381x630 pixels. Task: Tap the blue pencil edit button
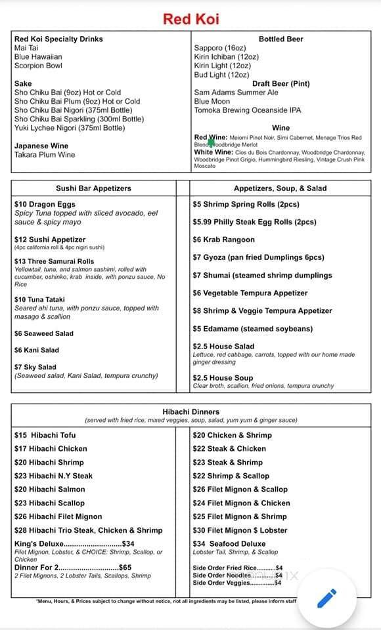click(x=326, y=598)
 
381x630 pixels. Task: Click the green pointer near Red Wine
click(x=212, y=141)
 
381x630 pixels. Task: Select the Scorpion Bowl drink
click(x=38, y=66)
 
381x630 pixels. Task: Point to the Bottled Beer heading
click(x=280, y=39)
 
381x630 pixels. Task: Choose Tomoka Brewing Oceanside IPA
click(x=247, y=110)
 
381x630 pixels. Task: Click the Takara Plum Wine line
click(x=45, y=155)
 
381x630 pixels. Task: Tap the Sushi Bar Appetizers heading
click(x=93, y=188)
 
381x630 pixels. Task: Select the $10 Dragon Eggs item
click(x=45, y=205)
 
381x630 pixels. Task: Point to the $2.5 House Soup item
click(x=223, y=378)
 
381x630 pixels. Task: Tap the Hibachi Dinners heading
click(x=191, y=412)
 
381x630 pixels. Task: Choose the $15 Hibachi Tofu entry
click(x=45, y=435)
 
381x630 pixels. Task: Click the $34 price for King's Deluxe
click(x=128, y=544)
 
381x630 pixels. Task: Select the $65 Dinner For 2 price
click(x=125, y=568)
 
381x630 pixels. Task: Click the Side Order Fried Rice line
click(x=237, y=568)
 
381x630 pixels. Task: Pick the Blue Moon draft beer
click(x=212, y=102)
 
